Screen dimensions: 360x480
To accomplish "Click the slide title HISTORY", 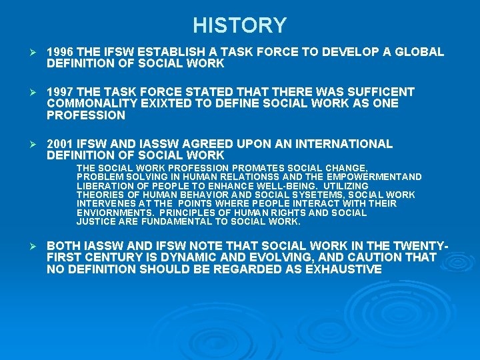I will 240,25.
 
